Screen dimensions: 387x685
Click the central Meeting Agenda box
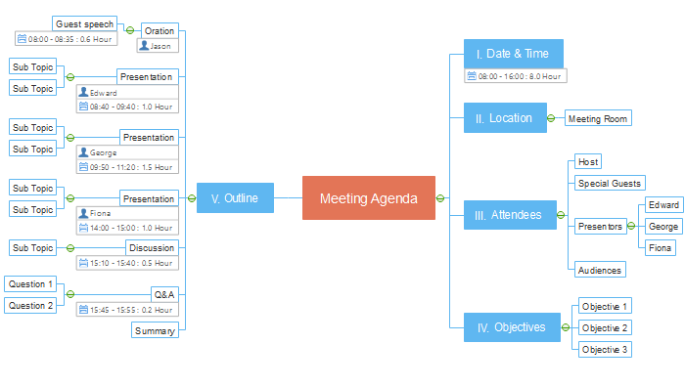coord(368,198)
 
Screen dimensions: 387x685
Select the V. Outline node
coord(235,198)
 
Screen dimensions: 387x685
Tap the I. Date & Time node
coord(513,54)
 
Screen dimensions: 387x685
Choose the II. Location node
coord(504,118)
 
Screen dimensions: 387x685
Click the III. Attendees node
coord(509,215)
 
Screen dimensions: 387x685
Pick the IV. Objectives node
coord(510,327)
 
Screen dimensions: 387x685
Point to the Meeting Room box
coord(598,118)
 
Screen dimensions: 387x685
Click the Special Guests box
coord(610,183)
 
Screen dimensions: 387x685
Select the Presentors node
coord(600,226)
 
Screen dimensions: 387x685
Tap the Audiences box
coord(599,270)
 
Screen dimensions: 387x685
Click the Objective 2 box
coord(605,327)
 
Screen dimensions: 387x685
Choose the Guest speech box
coord(84,23)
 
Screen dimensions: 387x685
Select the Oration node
coord(159,30)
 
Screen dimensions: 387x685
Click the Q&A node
coord(164,293)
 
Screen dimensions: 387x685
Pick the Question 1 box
coord(29,283)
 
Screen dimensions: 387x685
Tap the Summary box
coord(155,330)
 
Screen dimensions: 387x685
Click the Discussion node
coord(152,247)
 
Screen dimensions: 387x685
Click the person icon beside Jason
coord(144,46)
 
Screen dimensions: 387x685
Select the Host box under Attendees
coord(587,161)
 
